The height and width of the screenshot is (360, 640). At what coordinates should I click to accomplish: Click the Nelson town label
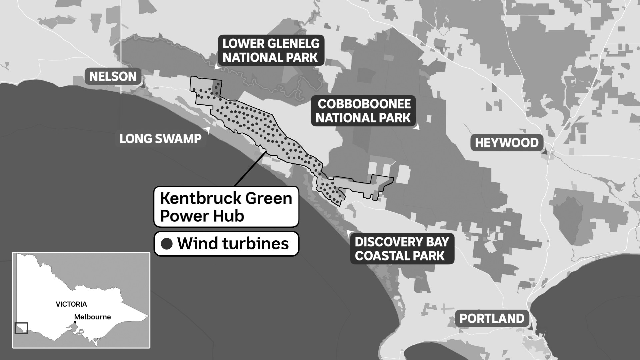[x=113, y=77]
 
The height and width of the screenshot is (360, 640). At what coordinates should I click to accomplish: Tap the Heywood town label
[x=507, y=143]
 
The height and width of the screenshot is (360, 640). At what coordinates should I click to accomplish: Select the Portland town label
[x=492, y=319]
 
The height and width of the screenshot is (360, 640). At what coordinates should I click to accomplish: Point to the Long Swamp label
[x=160, y=139]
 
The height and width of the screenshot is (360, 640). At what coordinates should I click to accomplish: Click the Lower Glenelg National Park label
[x=271, y=50]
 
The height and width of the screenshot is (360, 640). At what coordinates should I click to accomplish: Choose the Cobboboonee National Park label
[x=363, y=111]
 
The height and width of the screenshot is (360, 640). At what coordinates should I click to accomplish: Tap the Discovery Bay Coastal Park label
[x=402, y=249]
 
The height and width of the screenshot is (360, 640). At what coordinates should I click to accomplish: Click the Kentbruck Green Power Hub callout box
[x=226, y=207]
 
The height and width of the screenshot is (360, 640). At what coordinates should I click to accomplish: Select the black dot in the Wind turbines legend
[x=167, y=244]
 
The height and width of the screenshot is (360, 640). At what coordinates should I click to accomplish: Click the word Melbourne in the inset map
[x=92, y=317]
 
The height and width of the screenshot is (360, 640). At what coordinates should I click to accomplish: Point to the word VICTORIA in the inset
[x=71, y=304]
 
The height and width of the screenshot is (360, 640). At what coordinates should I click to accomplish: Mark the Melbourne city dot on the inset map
[x=75, y=322]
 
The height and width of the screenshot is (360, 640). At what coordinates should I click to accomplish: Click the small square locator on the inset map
[x=21, y=328]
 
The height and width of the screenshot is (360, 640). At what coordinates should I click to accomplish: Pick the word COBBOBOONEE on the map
[x=364, y=104]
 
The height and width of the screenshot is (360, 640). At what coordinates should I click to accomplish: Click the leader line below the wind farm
[x=250, y=168]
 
